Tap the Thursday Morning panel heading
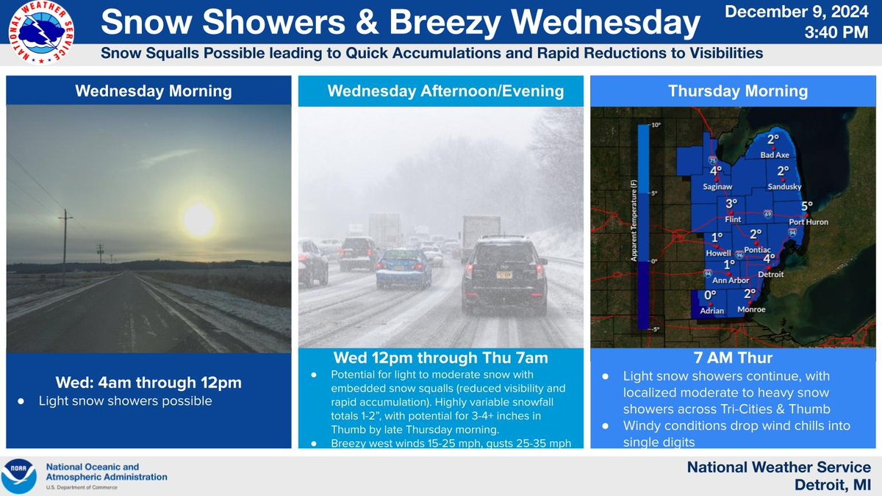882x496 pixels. (737, 91)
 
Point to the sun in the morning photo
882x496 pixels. (199, 220)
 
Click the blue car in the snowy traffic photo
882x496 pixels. (403, 267)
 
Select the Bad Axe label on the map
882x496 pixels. (774, 155)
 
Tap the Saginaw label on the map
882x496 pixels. (717, 187)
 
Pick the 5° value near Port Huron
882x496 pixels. (807, 206)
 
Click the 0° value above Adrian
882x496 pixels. (710, 295)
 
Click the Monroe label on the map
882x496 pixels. (750, 309)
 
